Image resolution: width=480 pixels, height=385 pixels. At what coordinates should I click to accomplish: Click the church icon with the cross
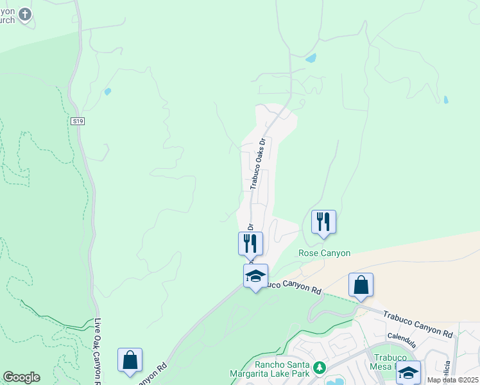coord(24,13)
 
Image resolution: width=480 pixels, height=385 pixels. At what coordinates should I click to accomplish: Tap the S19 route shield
coord(78,121)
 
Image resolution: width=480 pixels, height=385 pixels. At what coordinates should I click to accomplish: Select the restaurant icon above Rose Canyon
coord(323,222)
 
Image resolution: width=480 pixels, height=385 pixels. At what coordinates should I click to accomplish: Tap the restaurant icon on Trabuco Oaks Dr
coord(250,243)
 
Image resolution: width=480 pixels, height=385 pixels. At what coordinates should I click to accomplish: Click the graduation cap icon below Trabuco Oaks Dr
coord(255,276)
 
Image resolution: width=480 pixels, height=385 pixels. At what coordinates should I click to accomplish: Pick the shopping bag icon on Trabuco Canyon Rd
coord(361,285)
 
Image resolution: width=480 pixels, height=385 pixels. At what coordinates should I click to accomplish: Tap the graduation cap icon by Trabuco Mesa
coord(408,372)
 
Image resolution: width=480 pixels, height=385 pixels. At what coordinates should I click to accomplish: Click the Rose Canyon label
coord(325,253)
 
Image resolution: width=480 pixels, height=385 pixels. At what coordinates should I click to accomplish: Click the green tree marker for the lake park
coord(319,368)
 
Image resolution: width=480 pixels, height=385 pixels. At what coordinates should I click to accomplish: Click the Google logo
coord(21,377)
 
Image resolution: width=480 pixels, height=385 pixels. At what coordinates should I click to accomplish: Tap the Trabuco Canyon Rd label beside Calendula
coord(418,323)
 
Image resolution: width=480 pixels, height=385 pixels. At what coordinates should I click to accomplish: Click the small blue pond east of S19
coord(108,92)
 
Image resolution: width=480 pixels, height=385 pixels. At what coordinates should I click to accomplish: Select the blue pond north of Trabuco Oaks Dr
coord(311,58)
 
